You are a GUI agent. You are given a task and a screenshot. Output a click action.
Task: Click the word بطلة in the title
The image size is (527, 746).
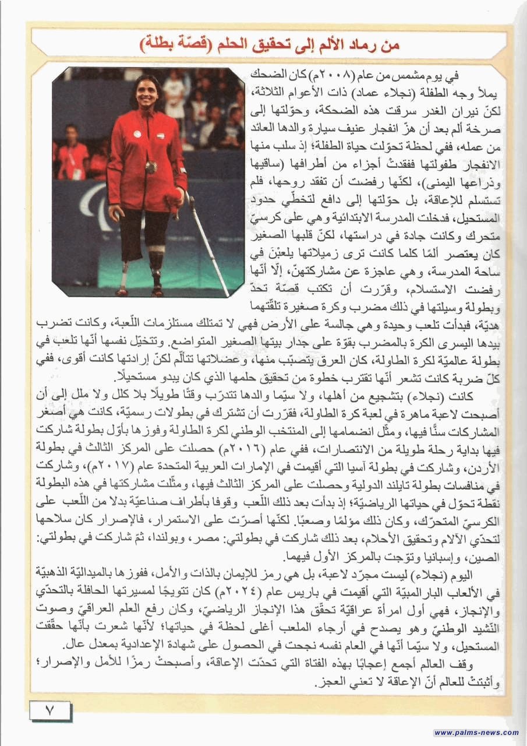click(158, 44)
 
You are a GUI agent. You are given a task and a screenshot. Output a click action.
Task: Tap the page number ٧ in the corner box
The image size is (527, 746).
click(49, 710)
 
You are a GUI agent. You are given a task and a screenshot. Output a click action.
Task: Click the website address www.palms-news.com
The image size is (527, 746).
click(476, 733)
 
